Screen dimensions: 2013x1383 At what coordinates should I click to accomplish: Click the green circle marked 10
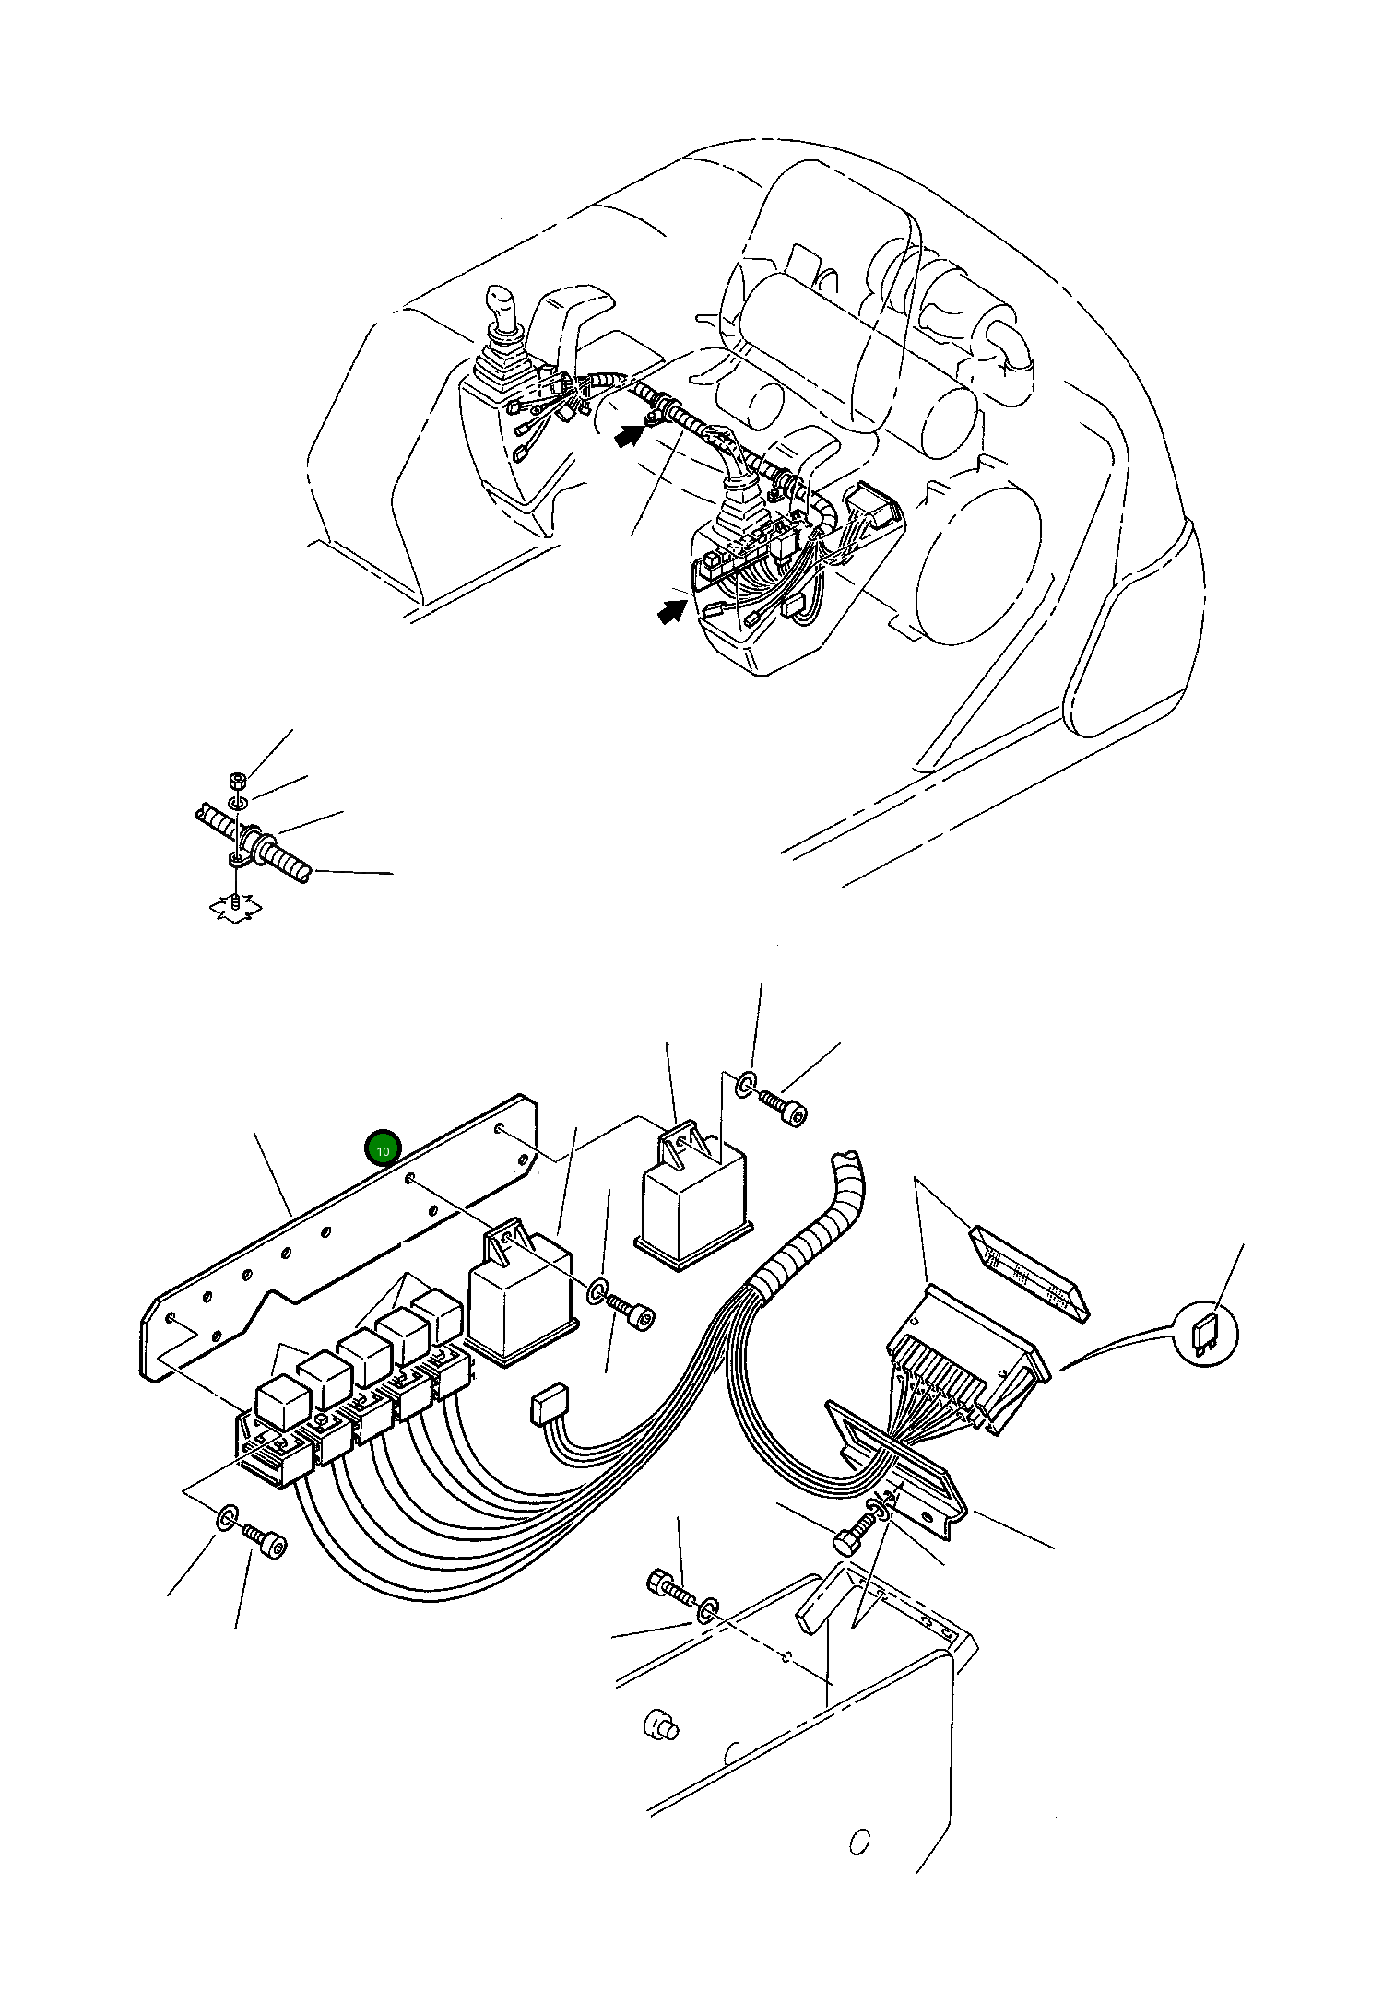coord(383,1148)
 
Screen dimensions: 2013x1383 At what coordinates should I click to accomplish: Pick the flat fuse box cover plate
coord(1029,1271)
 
